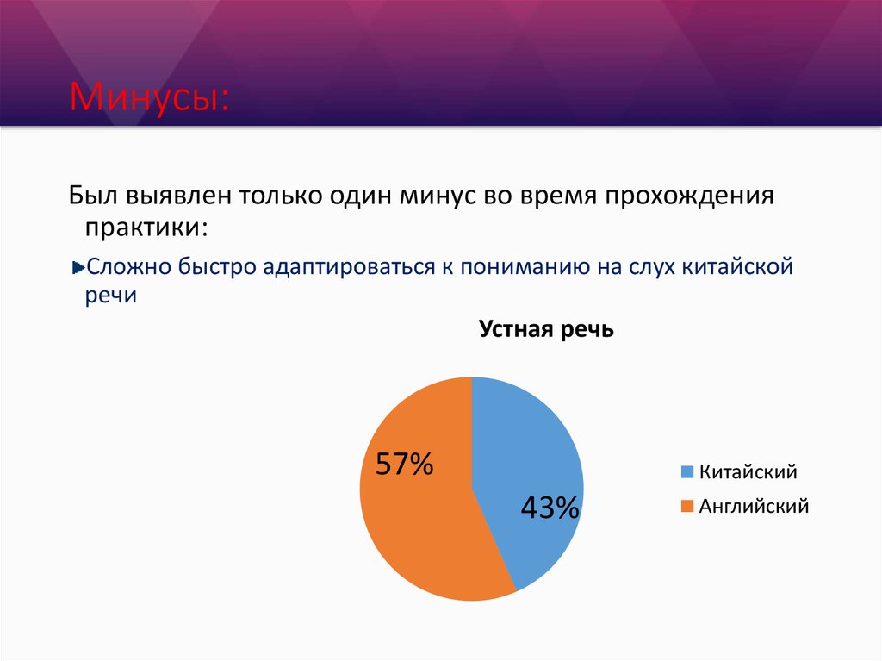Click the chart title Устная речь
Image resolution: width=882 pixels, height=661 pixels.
pos(546,329)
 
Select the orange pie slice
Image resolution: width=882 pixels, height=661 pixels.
pos(413,534)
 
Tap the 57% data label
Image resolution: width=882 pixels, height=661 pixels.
pos(403,465)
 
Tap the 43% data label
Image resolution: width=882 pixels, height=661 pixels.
pos(550,508)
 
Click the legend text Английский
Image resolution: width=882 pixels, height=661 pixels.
pos(754,506)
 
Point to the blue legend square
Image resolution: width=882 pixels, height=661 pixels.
pos(686,472)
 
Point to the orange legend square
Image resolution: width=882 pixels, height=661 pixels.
pos(686,507)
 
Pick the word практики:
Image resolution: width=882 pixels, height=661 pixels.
pos(146,228)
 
